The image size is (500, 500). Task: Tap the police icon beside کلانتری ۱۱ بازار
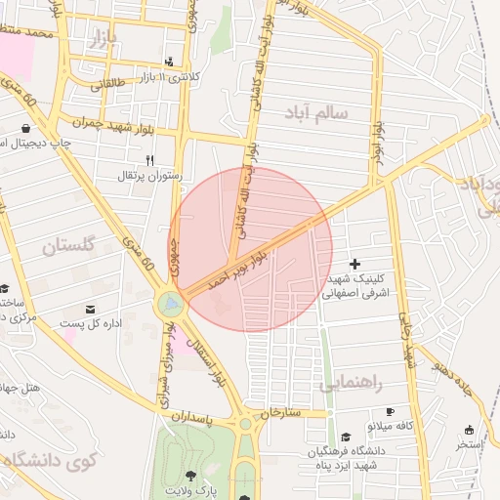[x=171, y=62]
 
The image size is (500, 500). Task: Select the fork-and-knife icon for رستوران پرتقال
[x=149, y=160]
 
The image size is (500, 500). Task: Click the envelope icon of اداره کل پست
[x=91, y=310]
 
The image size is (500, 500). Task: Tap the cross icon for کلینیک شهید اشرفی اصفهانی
[x=354, y=264]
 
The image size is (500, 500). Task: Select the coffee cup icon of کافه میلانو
[x=391, y=412]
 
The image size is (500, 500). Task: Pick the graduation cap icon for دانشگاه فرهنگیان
[x=347, y=437]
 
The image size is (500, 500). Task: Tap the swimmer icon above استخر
[x=469, y=430]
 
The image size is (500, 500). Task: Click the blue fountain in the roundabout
[x=172, y=305]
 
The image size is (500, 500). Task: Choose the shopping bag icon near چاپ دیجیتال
[x=23, y=128]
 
